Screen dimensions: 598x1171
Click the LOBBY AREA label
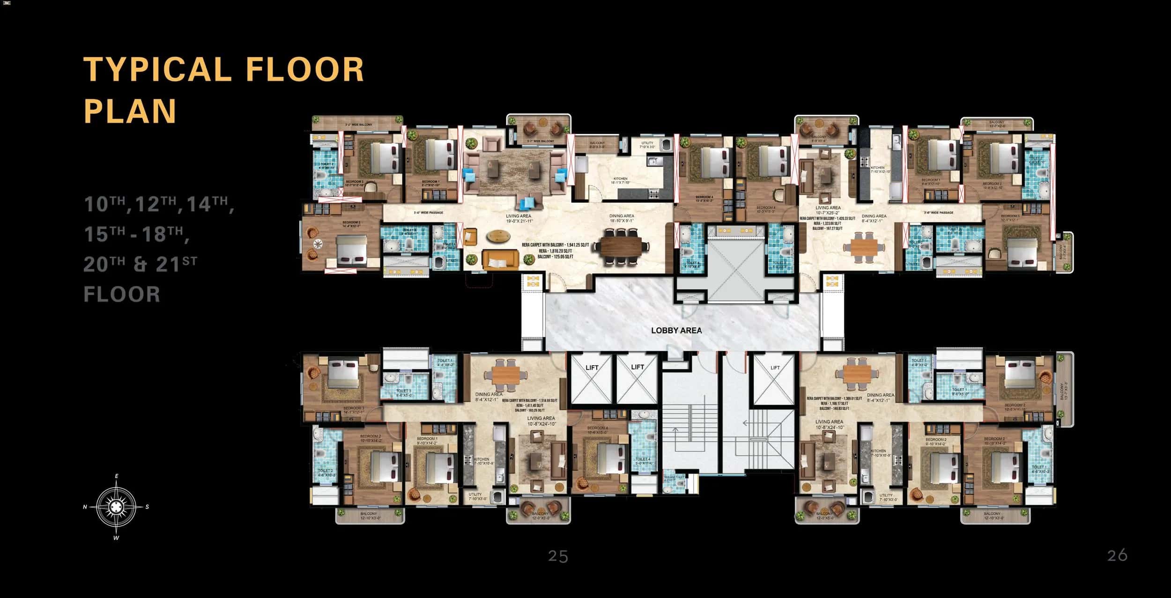tap(676, 330)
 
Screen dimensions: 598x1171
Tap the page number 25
tap(558, 556)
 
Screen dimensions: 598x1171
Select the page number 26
tap(1117, 555)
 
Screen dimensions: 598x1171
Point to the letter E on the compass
tap(117, 476)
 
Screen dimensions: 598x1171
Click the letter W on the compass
tap(116, 538)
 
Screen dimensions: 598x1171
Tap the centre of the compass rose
tap(116, 506)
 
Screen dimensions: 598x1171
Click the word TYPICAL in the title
tap(157, 70)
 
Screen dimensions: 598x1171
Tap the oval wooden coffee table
tap(499, 236)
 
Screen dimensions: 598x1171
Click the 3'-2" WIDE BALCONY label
tap(358, 125)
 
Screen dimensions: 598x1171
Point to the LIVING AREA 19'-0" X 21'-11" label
tap(518, 218)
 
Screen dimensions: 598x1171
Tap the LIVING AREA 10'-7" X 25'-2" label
tap(828, 210)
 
